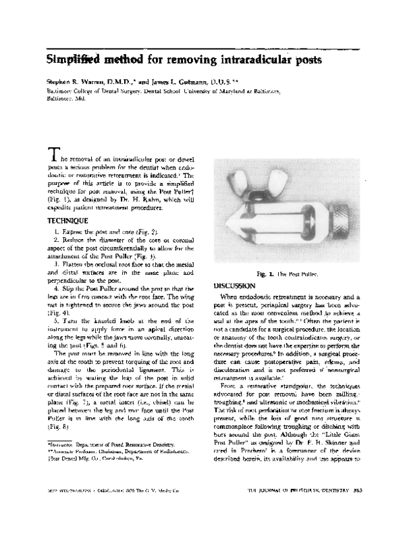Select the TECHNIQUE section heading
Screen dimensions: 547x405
68,221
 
